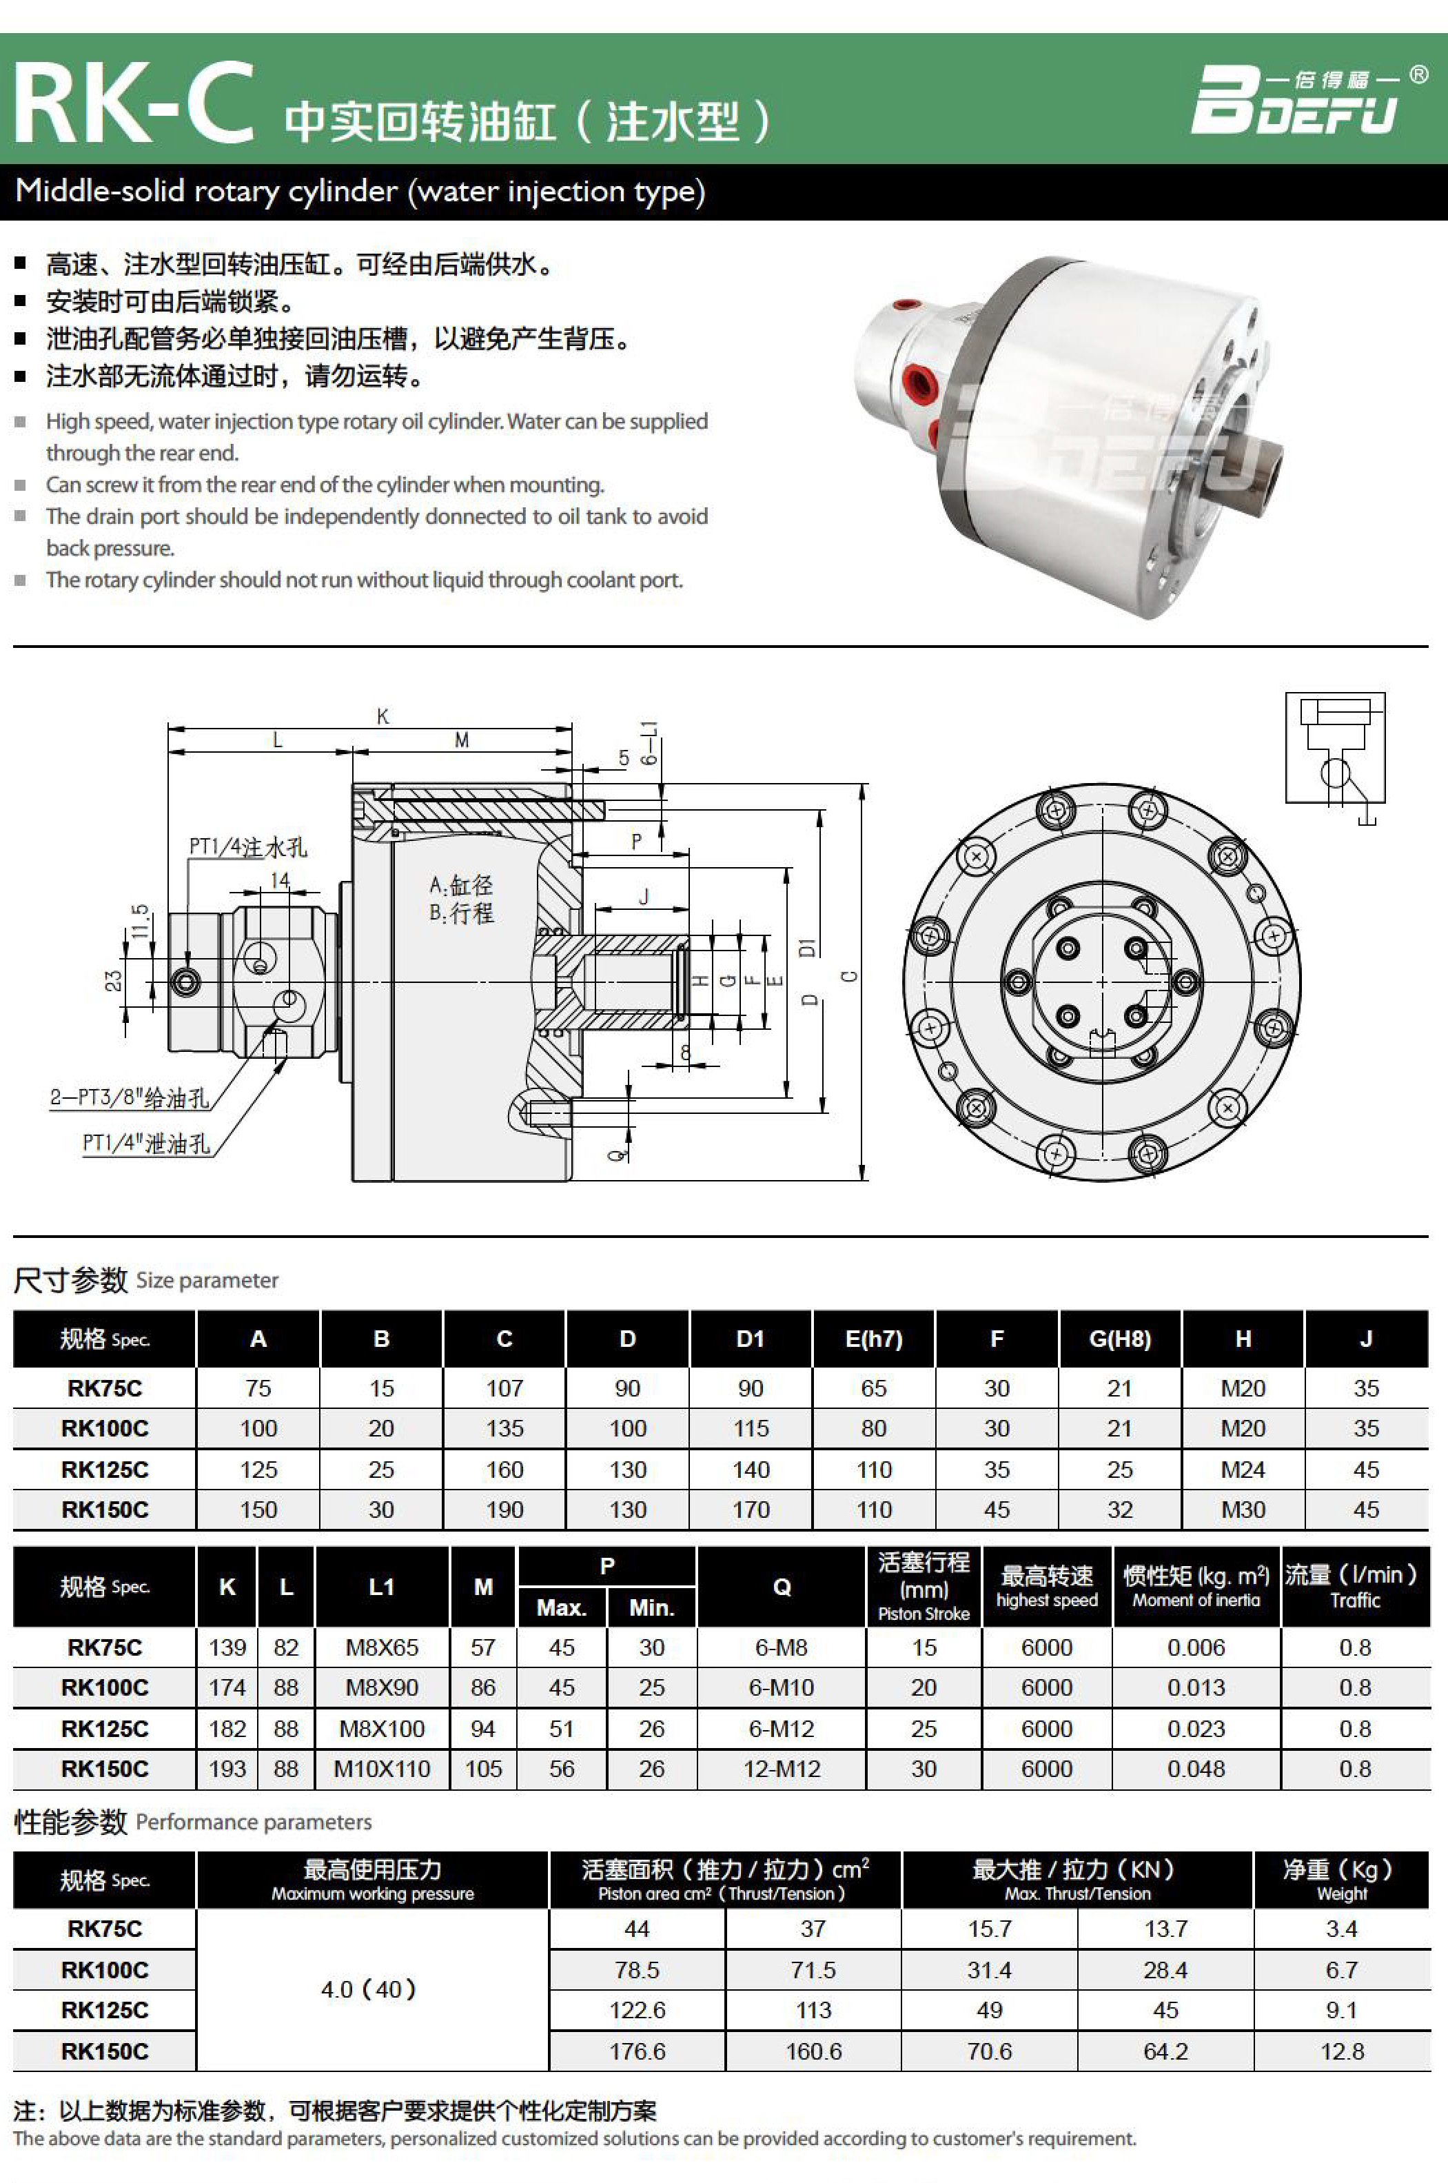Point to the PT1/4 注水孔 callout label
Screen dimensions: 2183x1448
tap(247, 846)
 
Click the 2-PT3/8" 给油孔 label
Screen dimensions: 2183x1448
tap(130, 1098)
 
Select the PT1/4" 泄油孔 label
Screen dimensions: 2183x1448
tap(146, 1144)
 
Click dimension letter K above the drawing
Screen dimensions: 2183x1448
tap(383, 715)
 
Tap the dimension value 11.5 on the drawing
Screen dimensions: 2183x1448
tap(139, 921)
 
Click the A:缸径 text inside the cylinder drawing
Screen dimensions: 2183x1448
tap(461, 886)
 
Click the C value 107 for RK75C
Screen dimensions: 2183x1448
tap(504, 1388)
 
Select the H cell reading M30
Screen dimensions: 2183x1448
tap(1243, 1510)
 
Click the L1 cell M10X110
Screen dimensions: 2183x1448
tap(381, 1769)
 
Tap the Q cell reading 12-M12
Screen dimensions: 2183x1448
tap(782, 1769)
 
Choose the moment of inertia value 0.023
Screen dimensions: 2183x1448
tap(1196, 1729)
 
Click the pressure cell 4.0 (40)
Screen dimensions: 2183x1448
tap(371, 1989)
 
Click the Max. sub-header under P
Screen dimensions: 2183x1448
tap(562, 1607)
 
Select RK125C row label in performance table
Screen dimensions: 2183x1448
tap(104, 2009)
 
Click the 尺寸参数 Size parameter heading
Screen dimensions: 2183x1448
tap(145, 1280)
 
